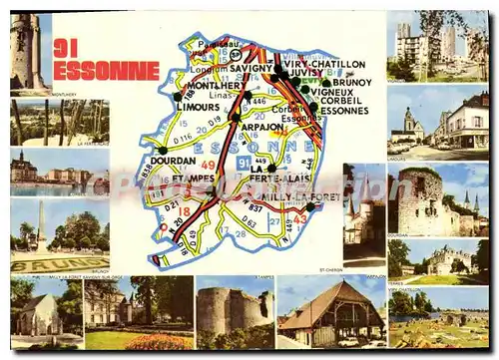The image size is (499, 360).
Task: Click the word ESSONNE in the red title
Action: tap(106, 70)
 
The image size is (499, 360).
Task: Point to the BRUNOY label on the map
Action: tap(351, 83)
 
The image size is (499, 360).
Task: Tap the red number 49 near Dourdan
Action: tap(209, 165)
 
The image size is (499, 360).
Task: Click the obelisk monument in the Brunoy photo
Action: tap(41, 225)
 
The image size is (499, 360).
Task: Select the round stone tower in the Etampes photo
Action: tap(220, 310)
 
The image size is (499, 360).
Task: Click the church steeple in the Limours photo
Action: tap(408, 120)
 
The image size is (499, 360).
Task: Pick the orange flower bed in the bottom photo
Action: tap(159, 341)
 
